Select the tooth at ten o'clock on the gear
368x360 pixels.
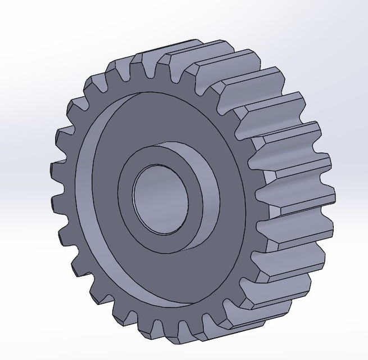79,107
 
